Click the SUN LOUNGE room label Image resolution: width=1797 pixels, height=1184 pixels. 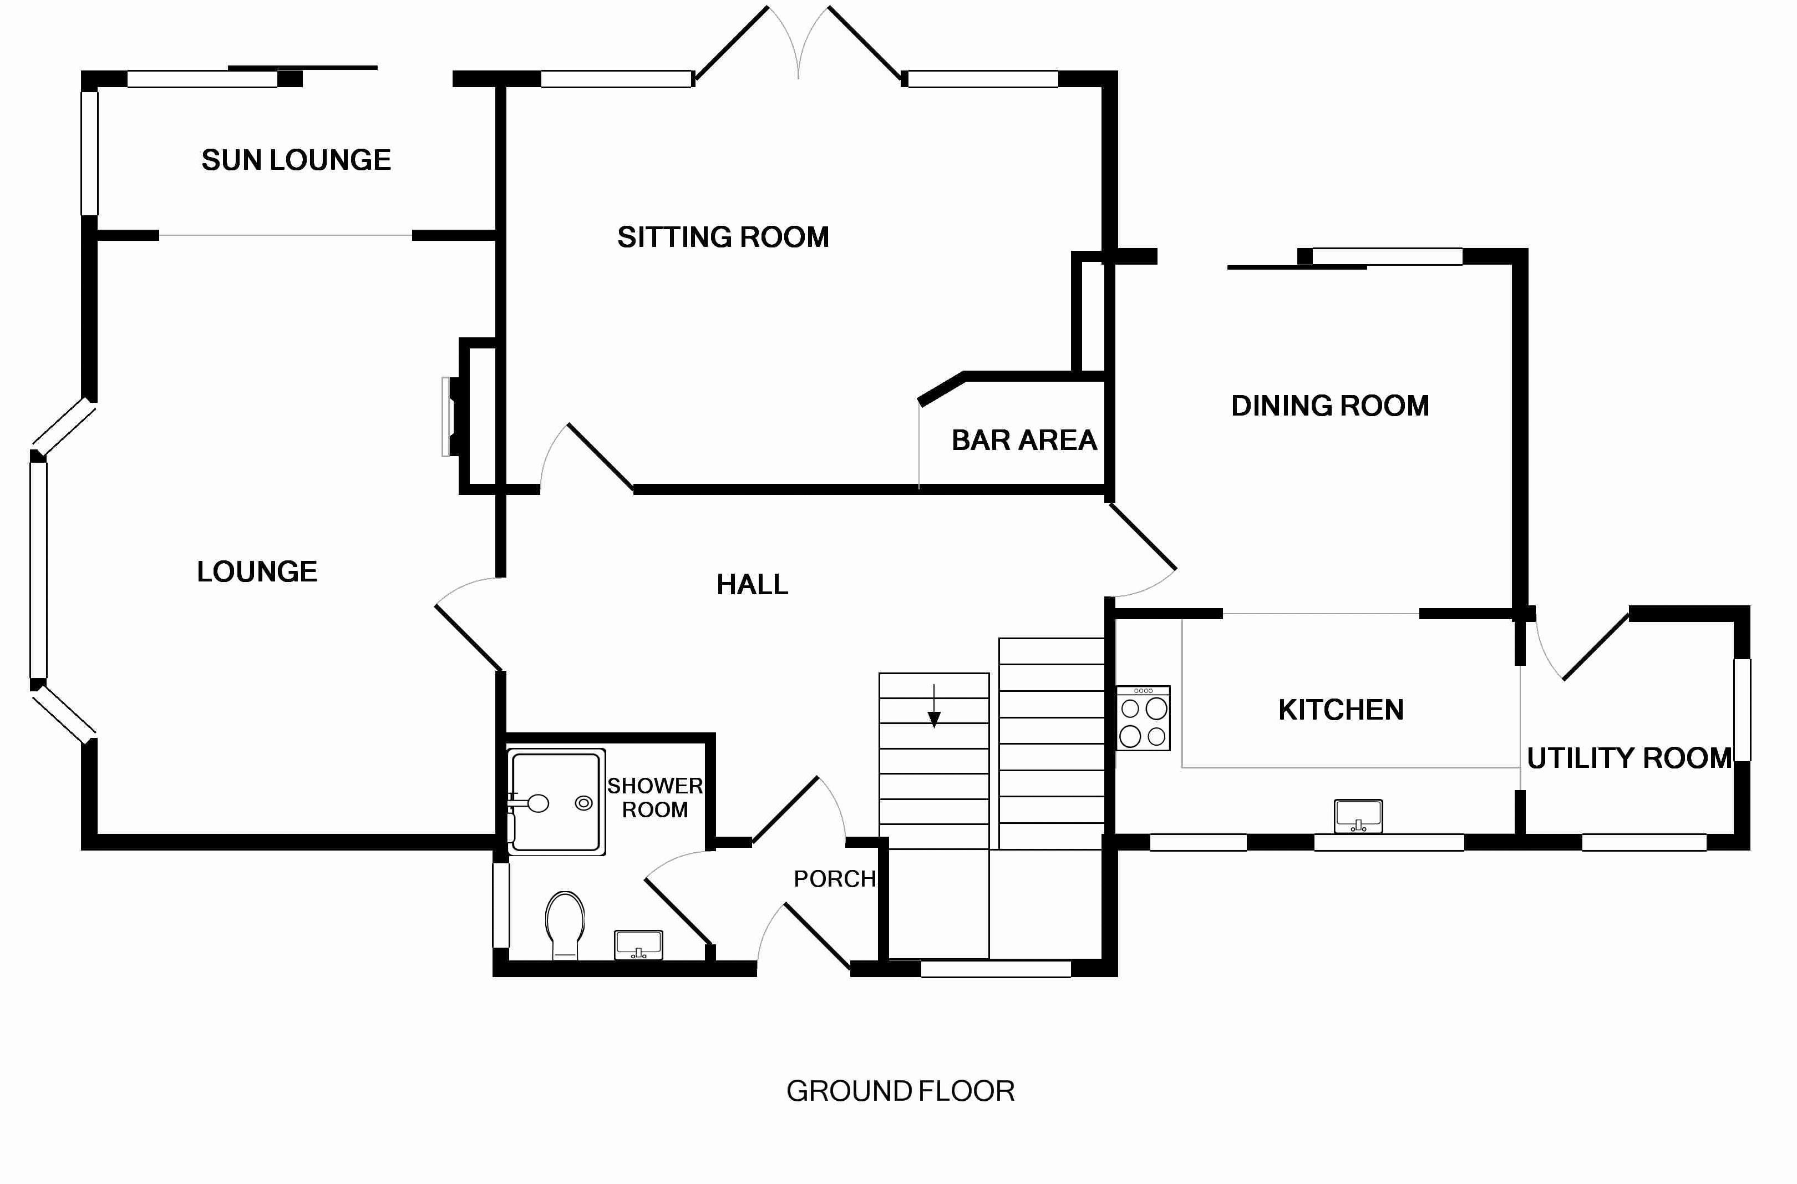pyautogui.click(x=296, y=160)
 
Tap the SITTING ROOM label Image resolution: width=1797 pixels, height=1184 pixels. pyautogui.click(x=723, y=237)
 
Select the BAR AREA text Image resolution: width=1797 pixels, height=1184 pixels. pyautogui.click(x=1024, y=440)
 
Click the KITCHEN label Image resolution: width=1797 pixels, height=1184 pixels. pyautogui.click(x=1341, y=710)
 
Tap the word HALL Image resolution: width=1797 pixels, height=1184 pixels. pyautogui.click(x=752, y=584)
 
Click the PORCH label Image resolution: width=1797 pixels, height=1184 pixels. pyautogui.click(x=834, y=879)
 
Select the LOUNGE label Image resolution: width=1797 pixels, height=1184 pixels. pyautogui.click(x=257, y=571)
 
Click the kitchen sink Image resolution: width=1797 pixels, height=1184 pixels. pyautogui.click(x=1358, y=816)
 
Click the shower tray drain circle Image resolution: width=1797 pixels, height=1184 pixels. pyautogui.click(x=583, y=803)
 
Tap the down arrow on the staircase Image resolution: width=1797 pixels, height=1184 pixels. pyautogui.click(x=934, y=707)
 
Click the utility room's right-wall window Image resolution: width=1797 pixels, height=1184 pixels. pyautogui.click(x=1743, y=710)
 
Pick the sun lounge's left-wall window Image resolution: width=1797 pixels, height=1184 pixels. pyautogui.click(x=90, y=153)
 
